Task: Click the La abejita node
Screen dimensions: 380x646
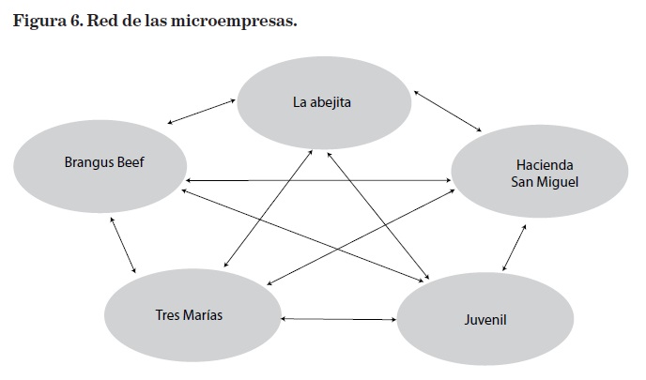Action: [324, 101]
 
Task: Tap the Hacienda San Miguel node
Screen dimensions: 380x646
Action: [536, 172]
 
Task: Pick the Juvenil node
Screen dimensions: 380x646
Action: [484, 319]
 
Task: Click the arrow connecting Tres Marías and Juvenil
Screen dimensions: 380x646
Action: [338, 320]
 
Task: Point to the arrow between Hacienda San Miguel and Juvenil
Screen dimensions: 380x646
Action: [514, 248]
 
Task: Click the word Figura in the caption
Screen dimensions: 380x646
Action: [38, 20]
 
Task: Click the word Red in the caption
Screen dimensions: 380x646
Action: [103, 20]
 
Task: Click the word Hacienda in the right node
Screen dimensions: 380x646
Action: [536, 163]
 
